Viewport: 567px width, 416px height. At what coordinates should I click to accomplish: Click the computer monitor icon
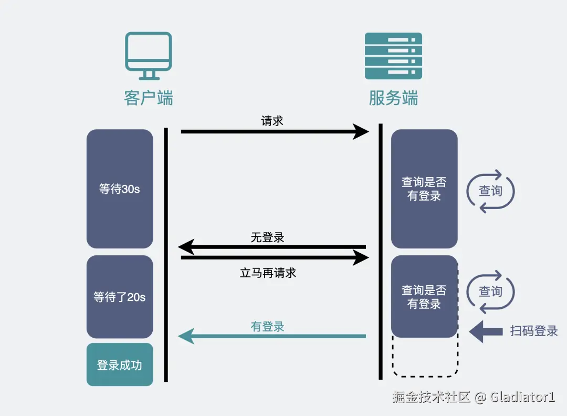(x=149, y=52)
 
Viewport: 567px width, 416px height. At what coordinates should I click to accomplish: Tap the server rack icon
(x=393, y=56)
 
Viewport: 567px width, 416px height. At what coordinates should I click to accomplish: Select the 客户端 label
(x=149, y=98)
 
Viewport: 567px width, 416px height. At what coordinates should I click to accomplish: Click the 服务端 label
(x=393, y=98)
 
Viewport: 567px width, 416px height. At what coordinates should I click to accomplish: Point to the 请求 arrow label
(x=272, y=121)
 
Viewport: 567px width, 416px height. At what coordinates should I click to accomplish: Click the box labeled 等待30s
(x=120, y=189)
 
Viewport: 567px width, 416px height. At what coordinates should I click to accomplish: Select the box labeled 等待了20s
(x=120, y=297)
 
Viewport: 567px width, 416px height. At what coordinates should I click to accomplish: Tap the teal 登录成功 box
(x=120, y=365)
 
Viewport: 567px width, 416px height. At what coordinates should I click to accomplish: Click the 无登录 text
(x=268, y=237)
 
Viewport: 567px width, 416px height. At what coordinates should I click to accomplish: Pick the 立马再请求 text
(x=268, y=273)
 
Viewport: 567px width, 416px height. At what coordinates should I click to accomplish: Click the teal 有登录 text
(x=268, y=327)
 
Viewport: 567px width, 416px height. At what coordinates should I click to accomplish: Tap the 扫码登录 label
(x=533, y=331)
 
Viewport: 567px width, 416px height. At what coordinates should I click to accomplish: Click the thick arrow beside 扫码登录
(x=485, y=331)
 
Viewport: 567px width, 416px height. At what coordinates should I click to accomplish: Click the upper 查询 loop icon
(x=490, y=191)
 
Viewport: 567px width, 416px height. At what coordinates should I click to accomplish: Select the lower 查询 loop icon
(x=490, y=292)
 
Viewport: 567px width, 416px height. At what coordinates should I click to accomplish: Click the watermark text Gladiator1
(x=522, y=397)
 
